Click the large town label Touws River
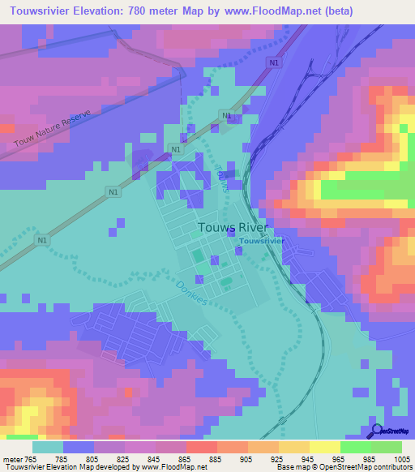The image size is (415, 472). click(233, 228)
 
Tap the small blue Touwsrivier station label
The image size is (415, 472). click(260, 242)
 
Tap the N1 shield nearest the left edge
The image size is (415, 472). click(41, 241)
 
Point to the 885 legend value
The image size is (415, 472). click(216, 458)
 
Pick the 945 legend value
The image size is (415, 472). click(309, 458)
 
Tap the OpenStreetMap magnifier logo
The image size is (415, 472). click(377, 431)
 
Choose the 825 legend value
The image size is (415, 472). click(124, 458)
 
